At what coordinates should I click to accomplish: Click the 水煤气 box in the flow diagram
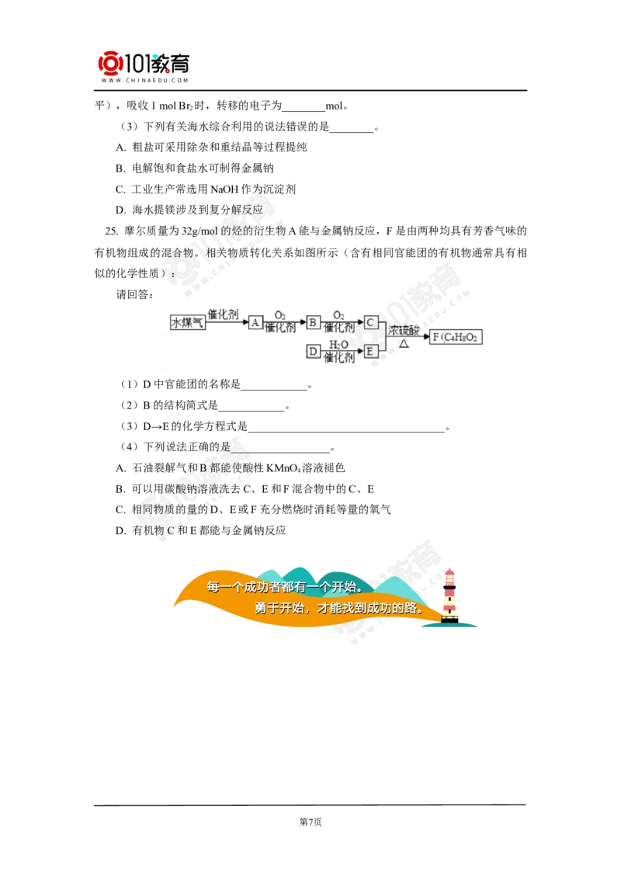(x=188, y=322)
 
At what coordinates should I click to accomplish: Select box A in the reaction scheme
(x=255, y=322)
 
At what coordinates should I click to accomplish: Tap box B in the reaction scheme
(x=314, y=322)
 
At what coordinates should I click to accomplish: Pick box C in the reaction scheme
(x=370, y=322)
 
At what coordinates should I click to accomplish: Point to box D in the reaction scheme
(x=314, y=352)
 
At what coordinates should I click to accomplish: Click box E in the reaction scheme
(x=370, y=352)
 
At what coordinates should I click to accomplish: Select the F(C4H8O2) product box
(x=456, y=337)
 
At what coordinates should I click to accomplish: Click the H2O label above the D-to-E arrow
(x=338, y=344)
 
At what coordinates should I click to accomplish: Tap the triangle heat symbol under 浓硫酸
(x=404, y=344)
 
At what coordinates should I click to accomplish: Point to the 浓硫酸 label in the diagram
(x=404, y=330)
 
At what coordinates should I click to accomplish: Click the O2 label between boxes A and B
(x=280, y=315)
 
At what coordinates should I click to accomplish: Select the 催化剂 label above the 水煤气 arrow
(x=223, y=314)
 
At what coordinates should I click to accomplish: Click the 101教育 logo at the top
(x=144, y=64)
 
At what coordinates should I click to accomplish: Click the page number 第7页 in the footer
(x=310, y=822)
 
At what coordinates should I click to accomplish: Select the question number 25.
(x=111, y=231)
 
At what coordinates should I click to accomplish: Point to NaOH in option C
(x=224, y=189)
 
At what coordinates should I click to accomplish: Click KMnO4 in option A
(x=283, y=468)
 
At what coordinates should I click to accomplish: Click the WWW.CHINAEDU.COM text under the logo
(x=144, y=80)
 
